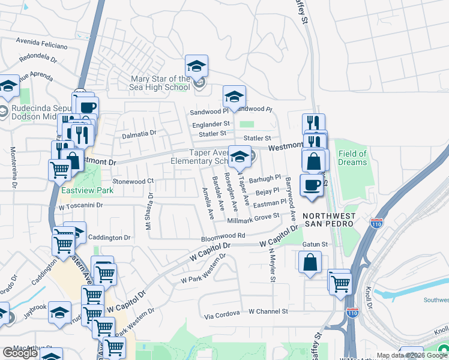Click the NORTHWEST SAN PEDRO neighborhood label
[328, 220]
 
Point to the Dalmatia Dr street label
[139, 134]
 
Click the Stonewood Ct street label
[133, 181]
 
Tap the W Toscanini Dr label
[81, 205]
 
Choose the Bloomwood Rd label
[222, 236]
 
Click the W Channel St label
[268, 312]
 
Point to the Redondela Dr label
[38, 59]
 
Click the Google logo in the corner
[20, 353]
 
